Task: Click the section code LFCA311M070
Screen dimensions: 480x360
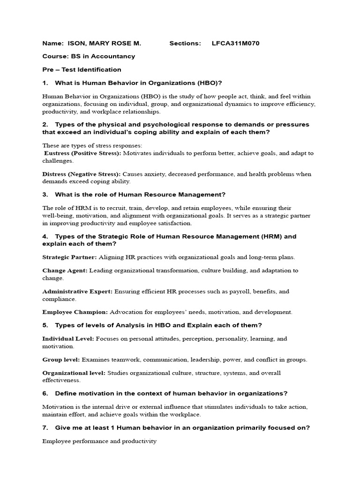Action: click(236, 44)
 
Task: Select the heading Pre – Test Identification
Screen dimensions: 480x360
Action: click(82, 69)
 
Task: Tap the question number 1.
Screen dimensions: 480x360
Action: click(45, 83)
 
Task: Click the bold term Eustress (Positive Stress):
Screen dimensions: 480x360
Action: click(82, 153)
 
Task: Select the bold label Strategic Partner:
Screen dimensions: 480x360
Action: click(69, 257)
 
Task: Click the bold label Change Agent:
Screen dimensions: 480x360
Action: click(65, 270)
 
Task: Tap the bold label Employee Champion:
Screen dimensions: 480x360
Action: click(75, 312)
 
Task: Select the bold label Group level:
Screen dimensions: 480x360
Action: click(61, 360)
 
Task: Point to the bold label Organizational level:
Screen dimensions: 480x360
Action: click(74, 373)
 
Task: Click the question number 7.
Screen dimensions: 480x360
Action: click(45, 427)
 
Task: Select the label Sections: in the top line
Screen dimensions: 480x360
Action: click(185, 44)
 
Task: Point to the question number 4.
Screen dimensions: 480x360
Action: click(45, 237)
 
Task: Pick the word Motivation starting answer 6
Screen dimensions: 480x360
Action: click(57, 407)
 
